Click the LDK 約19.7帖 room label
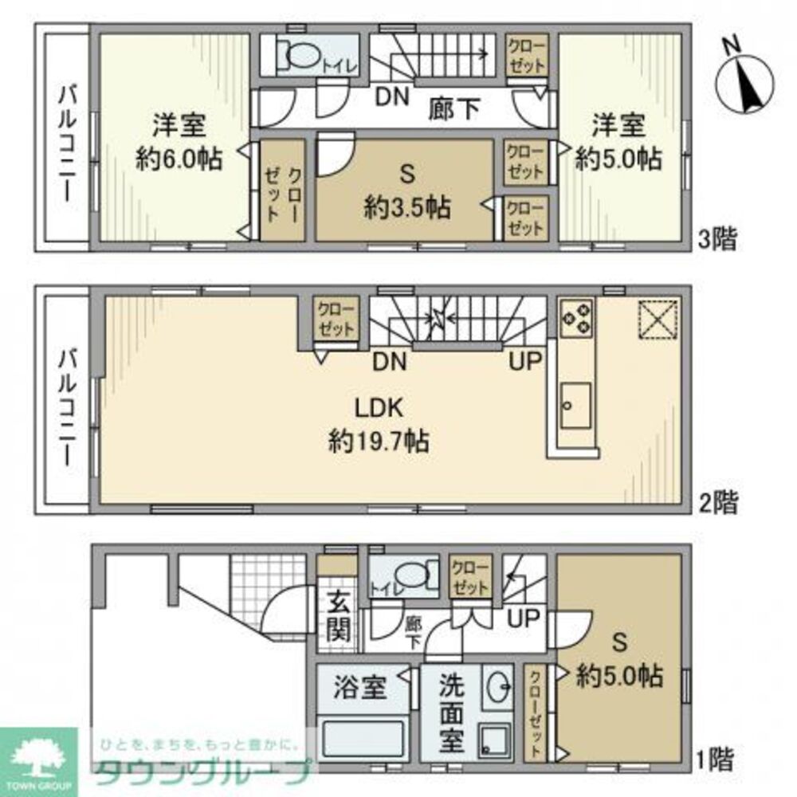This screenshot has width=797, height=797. tap(379, 425)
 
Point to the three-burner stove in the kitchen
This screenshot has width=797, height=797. tap(577, 318)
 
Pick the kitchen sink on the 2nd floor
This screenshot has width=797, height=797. tap(576, 406)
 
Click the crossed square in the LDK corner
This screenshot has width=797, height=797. tap(658, 320)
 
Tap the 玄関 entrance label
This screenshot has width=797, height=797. tap(338, 617)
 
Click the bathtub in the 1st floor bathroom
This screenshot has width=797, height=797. tap(363, 737)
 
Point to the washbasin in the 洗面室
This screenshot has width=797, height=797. tap(497, 689)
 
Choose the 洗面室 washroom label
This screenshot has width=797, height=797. tap(451, 713)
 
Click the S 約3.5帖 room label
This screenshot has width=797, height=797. tap(407, 191)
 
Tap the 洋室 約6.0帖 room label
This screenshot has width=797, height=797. tap(179, 142)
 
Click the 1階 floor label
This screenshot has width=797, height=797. tap(715, 760)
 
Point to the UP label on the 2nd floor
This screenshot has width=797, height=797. tap(525, 361)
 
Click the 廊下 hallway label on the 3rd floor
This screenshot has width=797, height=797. tap(454, 108)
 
